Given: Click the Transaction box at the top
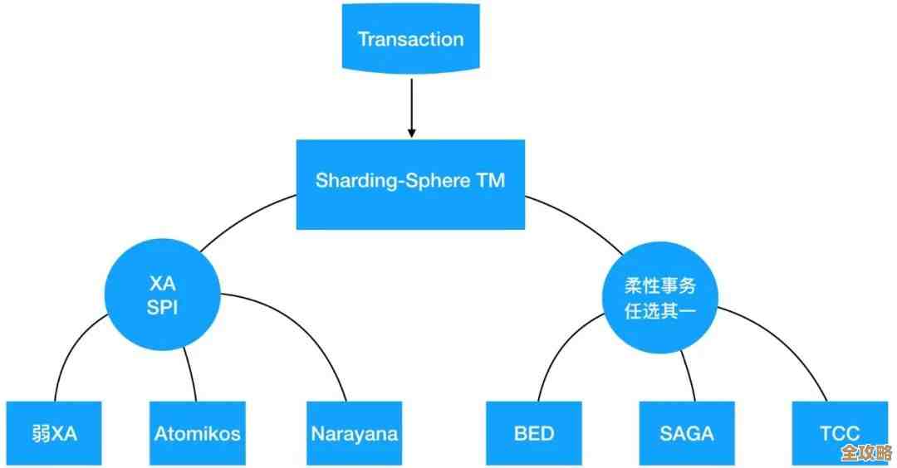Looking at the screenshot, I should point(410,38).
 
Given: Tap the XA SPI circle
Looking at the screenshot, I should point(162,294).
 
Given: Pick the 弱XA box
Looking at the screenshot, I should point(53,432).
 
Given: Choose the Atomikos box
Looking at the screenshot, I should point(197,432).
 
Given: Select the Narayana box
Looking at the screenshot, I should point(354,432).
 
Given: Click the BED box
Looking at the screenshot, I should point(533,432).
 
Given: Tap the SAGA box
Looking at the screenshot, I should point(686,432).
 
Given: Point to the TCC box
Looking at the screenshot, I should point(839,432).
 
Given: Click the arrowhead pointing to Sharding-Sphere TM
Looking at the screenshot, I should point(410,133).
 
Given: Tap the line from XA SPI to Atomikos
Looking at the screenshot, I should point(192,373).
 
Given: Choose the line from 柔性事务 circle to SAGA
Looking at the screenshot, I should point(688,373).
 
